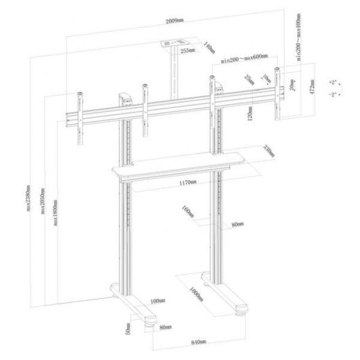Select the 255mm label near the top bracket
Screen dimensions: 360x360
click(187, 50)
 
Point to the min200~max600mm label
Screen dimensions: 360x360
click(244, 60)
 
